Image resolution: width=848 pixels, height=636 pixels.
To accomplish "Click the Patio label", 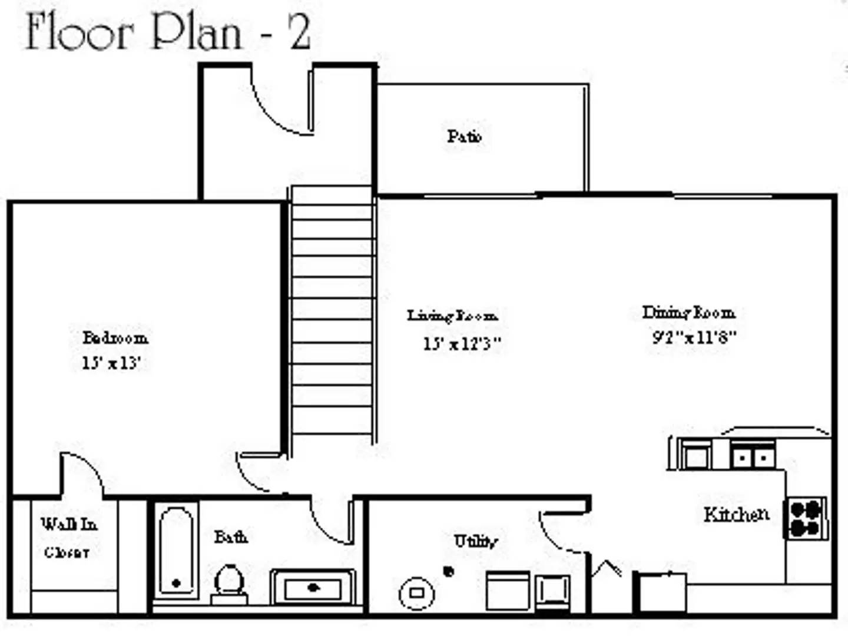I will click(464, 137).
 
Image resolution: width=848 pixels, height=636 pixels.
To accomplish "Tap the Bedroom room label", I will click(115, 338).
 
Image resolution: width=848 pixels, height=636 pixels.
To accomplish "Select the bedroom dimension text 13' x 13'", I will click(111, 363).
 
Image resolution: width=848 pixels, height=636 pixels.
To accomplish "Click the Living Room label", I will click(452, 316).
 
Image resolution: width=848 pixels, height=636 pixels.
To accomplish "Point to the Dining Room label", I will click(688, 312).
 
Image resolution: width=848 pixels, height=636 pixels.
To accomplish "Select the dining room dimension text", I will click(694, 337).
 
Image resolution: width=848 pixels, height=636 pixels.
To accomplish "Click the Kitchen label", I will click(736, 515).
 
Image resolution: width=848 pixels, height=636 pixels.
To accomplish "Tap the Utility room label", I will click(475, 541).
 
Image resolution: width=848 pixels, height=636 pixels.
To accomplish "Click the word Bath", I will click(230, 536).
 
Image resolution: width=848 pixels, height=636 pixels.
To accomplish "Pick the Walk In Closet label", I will click(68, 538).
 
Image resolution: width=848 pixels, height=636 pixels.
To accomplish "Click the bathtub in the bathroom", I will click(176, 552).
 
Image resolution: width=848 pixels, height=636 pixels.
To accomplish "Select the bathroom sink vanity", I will click(313, 587).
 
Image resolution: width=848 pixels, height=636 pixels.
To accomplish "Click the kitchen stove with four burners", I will click(806, 518).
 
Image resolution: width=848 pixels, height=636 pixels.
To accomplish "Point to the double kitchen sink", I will click(752, 456).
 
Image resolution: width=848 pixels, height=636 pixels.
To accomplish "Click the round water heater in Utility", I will click(417, 593).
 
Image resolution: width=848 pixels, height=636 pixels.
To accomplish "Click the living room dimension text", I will click(462, 343).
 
